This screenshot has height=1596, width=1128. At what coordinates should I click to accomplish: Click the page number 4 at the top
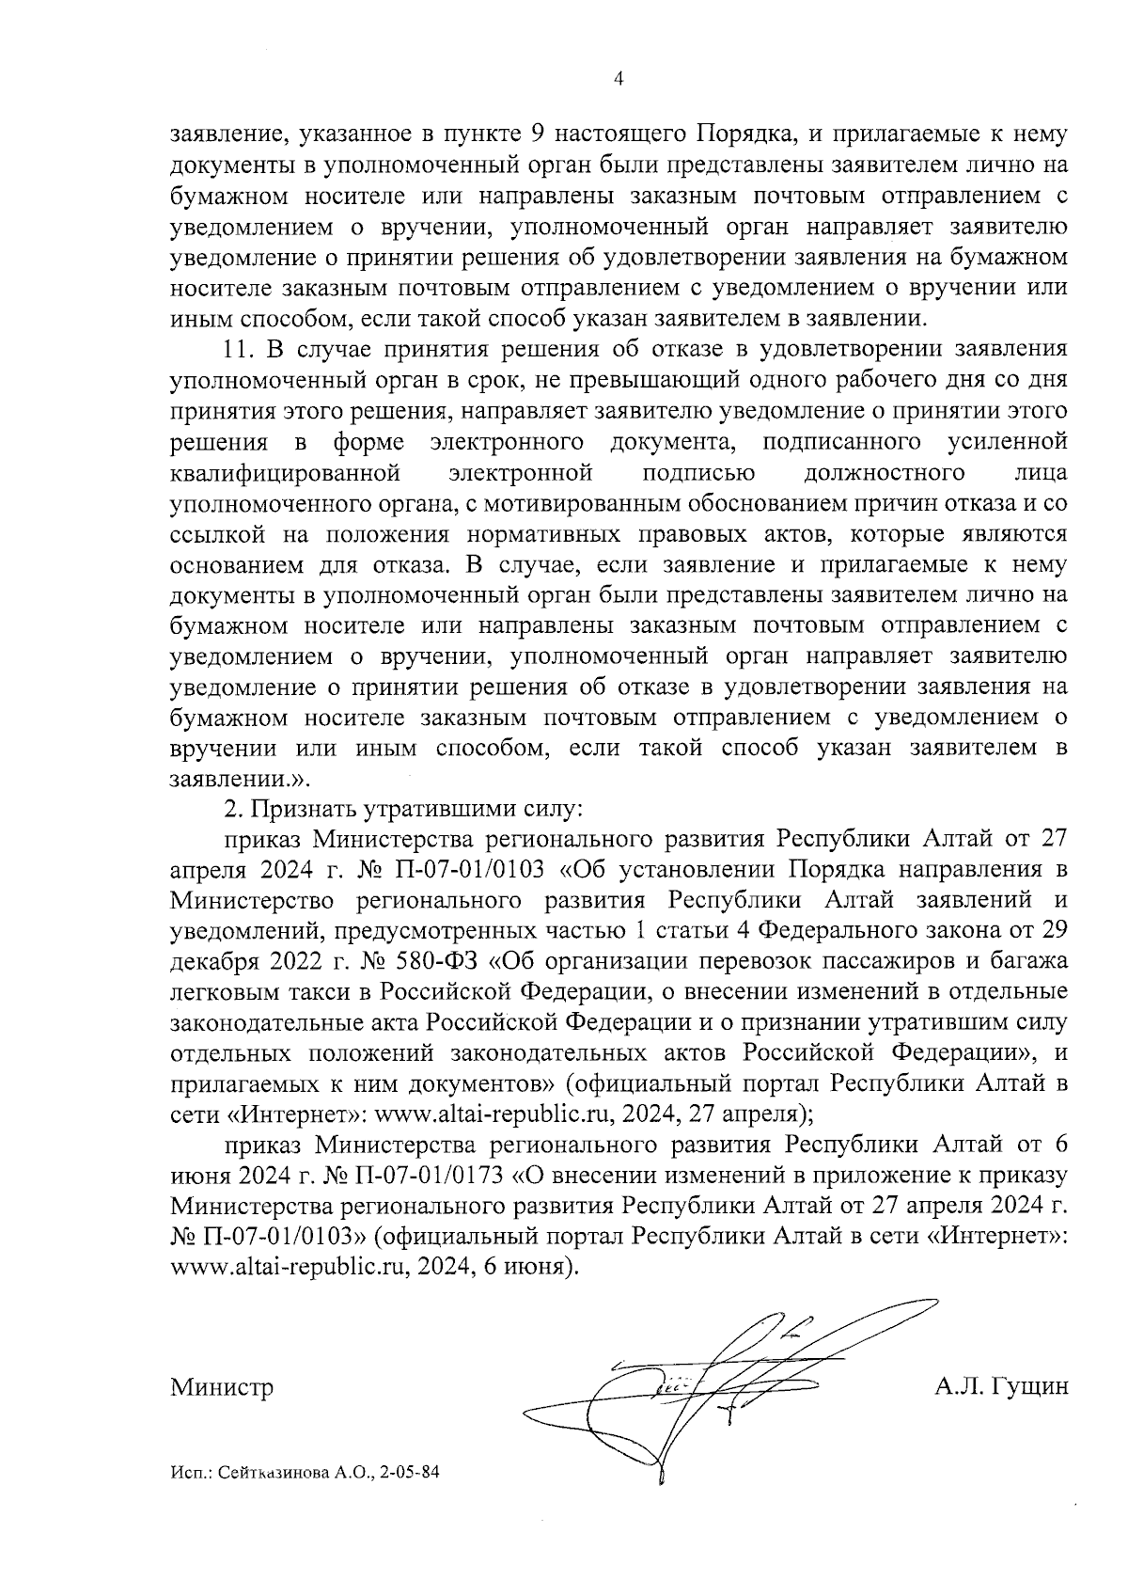618,80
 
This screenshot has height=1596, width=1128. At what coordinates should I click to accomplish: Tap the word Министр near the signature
222,1388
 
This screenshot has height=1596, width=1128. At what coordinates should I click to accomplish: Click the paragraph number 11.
238,349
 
